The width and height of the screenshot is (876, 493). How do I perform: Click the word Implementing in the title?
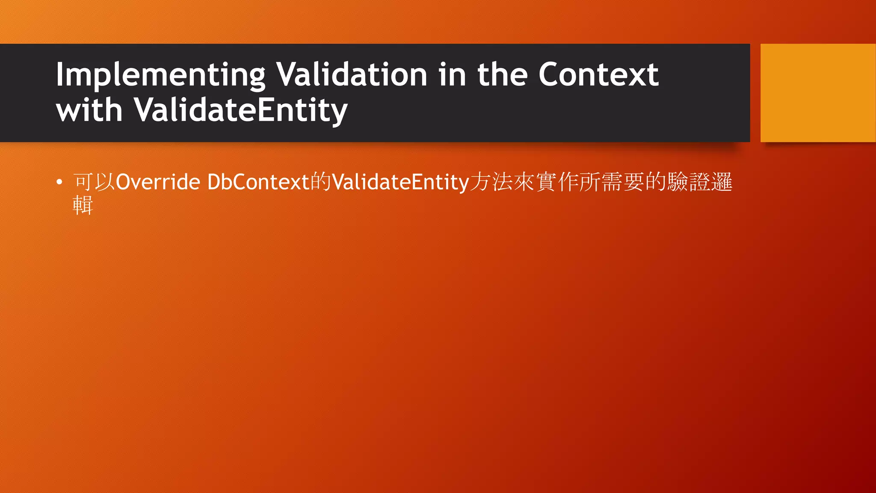pos(160,75)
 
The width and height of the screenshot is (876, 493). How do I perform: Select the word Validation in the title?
pos(352,75)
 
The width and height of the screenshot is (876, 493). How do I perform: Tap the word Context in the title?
pos(598,75)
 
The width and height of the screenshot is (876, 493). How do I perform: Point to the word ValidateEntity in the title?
pos(241,110)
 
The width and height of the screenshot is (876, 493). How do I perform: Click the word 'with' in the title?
pos(89,110)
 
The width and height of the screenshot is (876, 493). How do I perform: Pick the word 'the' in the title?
pos(502,75)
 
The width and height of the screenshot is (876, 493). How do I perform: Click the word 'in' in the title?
pos(452,75)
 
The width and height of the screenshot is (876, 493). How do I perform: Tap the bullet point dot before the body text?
pos(59,182)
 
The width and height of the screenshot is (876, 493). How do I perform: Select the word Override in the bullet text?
pos(158,182)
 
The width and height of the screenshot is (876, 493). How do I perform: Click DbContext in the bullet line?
pos(258,182)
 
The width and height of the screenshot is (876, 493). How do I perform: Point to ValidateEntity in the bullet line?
pos(400,182)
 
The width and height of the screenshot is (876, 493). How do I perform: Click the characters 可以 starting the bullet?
pos(94,182)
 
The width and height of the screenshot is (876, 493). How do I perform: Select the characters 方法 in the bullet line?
pos(491,182)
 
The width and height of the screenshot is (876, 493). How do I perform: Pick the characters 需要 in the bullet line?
pos(623,182)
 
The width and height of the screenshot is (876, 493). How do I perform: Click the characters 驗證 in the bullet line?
pos(689,182)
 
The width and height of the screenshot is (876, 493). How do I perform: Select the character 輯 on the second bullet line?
pos(83,205)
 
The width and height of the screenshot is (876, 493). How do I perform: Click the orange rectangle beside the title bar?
pos(818,92)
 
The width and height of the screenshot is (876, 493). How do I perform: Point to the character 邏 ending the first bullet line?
pos(722,182)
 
